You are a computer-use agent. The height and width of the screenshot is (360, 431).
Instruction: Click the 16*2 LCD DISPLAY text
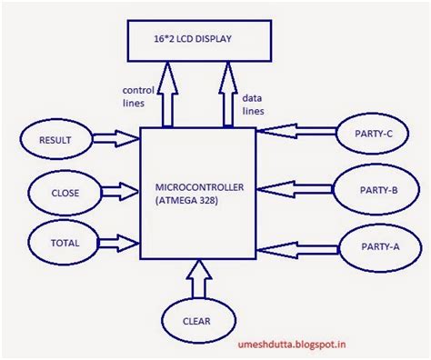[x=193, y=39]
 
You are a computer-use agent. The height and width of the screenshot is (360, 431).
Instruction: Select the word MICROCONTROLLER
[x=199, y=187]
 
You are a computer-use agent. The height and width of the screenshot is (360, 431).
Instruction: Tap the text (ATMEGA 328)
[x=186, y=201]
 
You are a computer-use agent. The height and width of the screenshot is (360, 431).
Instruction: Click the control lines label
[x=138, y=96]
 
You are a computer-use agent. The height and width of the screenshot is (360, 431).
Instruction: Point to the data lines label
[x=253, y=105]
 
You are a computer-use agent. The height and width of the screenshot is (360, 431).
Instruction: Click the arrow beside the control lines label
[x=167, y=95]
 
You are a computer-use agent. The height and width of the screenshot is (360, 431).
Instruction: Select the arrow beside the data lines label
[x=228, y=95]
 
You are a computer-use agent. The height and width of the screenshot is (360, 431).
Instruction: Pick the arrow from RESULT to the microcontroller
[x=116, y=138]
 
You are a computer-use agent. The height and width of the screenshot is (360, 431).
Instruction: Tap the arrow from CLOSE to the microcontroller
[x=120, y=192]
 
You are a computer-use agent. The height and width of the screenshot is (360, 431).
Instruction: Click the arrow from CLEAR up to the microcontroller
[x=199, y=279]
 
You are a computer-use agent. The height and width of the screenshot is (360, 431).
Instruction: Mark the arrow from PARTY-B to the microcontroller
[x=295, y=189]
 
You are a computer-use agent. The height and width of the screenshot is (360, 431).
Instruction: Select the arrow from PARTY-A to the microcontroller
[x=298, y=250]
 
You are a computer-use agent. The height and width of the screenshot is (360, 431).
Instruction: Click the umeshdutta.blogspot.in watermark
[x=292, y=345]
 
